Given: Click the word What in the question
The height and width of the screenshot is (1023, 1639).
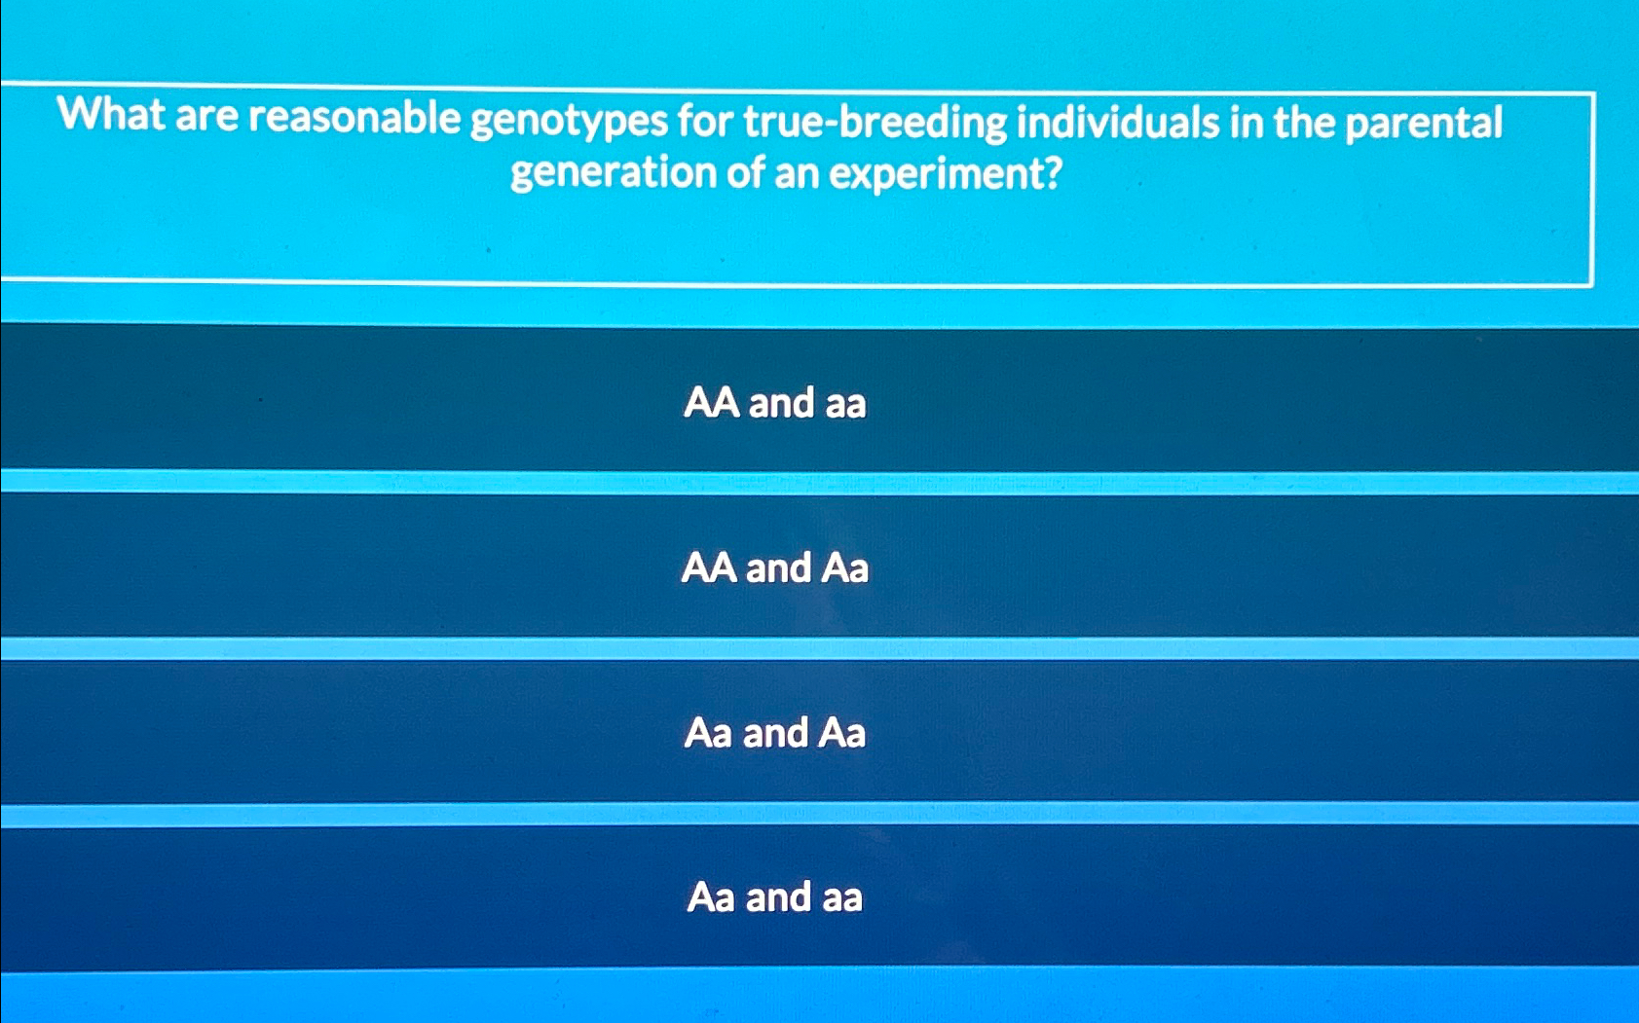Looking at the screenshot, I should (x=111, y=115).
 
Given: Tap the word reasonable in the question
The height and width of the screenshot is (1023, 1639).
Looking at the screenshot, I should (x=354, y=118).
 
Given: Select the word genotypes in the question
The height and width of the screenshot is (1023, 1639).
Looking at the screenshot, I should (x=569, y=122).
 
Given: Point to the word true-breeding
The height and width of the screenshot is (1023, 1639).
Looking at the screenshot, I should (x=875, y=123).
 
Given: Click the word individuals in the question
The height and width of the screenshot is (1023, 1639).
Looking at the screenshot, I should (x=1118, y=123).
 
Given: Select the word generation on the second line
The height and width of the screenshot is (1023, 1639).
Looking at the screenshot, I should (x=613, y=173).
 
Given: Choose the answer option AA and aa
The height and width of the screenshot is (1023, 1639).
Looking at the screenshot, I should (x=774, y=402).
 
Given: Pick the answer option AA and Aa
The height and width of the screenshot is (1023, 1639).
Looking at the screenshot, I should (x=774, y=567).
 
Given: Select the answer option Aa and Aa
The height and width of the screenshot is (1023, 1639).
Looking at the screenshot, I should (x=774, y=733).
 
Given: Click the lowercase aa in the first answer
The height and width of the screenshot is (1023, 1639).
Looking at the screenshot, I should (x=844, y=403).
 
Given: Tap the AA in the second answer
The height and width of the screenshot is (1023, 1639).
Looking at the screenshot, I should (x=708, y=567).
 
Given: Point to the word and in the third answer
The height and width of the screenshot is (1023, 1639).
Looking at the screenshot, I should (x=775, y=733).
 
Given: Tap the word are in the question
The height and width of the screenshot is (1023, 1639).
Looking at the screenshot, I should (x=206, y=116).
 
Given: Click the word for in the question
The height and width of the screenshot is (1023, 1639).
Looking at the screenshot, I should (x=705, y=122).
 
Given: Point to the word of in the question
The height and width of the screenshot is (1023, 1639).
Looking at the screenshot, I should (x=745, y=173).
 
